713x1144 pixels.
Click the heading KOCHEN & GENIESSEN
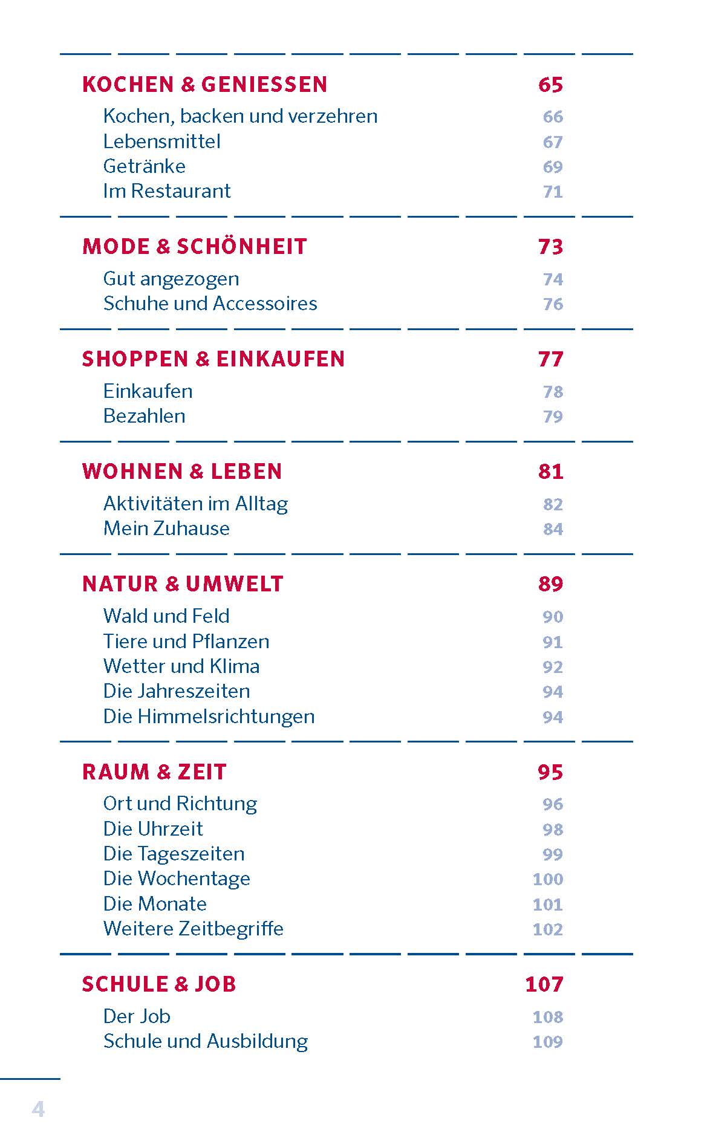coord(204,84)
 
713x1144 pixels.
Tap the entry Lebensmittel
coord(161,141)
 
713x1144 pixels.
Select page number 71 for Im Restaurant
coord(553,192)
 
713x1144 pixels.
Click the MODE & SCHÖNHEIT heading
coord(195,247)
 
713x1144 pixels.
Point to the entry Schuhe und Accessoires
coord(210,304)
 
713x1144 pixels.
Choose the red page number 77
coord(550,359)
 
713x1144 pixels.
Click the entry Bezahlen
coord(144,416)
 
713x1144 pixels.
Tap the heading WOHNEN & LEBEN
coord(182,472)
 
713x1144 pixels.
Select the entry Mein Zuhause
coord(166,528)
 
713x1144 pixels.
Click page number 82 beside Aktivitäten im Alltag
coord(553,504)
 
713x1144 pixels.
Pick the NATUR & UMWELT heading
coord(183,584)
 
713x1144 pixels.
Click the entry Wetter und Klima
coord(181,666)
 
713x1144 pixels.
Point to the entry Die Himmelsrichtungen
coord(209,717)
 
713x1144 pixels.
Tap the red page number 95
coord(550,772)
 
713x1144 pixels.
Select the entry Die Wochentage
coord(177,879)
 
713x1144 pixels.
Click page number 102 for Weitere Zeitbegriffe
coord(547,929)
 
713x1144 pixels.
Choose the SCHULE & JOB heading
coord(159,984)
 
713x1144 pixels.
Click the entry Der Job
coord(137,1016)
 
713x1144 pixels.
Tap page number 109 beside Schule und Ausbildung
coord(547,1042)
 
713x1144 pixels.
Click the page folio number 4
coord(38,1109)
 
